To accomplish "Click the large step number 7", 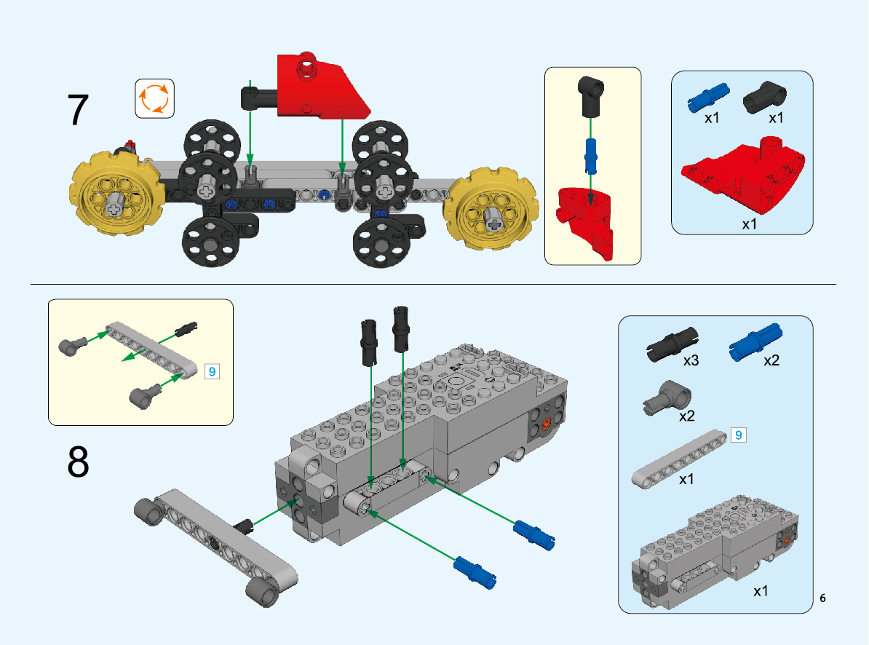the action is click(x=78, y=110).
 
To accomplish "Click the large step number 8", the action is click(x=78, y=462).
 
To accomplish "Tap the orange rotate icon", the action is click(x=154, y=98).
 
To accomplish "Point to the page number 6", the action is click(x=822, y=598).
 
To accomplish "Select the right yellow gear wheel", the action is click(x=491, y=209).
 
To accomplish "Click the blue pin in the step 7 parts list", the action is click(x=708, y=98).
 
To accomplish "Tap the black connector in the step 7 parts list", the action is click(x=764, y=97).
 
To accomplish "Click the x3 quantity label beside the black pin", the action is click(x=691, y=361).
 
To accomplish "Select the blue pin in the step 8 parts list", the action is click(x=755, y=342).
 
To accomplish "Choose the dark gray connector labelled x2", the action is click(x=667, y=398).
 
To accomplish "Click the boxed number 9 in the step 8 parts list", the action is click(x=738, y=435).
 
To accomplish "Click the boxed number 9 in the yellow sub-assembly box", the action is click(x=213, y=371).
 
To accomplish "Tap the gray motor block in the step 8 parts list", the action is click(x=715, y=551).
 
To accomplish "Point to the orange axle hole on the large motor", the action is click(x=545, y=424).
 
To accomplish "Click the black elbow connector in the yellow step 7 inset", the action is click(x=591, y=96).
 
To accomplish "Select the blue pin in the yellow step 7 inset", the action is click(x=591, y=156).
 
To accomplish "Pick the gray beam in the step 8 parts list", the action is click(x=680, y=459).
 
